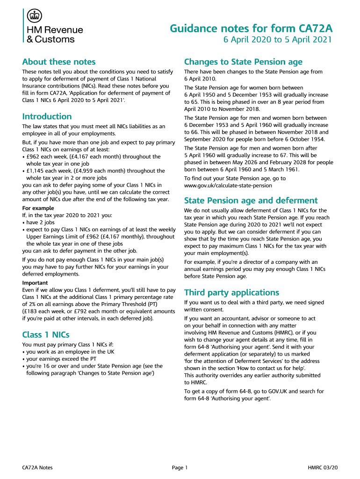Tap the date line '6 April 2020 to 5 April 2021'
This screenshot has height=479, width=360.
tap(277, 40)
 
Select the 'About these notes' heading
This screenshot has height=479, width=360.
tap(59, 62)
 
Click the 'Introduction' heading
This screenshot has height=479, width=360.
tap(47, 116)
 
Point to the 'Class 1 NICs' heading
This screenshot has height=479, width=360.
tap(46, 334)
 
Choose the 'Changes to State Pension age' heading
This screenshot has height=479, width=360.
tap(243, 62)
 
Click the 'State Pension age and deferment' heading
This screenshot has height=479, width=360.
tap(245, 200)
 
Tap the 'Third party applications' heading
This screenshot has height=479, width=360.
tap(231, 292)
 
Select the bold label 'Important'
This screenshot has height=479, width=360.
tap(35, 283)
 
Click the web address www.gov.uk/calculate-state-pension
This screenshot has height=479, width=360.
tap(228, 185)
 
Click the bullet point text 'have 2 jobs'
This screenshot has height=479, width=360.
tap(40, 222)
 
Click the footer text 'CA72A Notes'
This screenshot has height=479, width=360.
tap(37, 467)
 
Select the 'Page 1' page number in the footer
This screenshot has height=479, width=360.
tap(180, 467)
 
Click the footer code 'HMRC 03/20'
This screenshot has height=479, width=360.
tap(323, 467)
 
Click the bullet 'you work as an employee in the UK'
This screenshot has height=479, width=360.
tap(71, 352)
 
